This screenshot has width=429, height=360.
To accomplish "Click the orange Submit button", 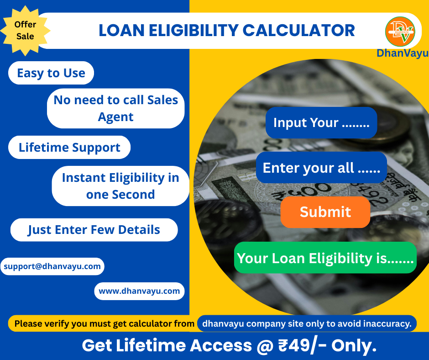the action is tap(325, 212).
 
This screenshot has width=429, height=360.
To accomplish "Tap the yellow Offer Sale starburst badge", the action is tap(25, 31).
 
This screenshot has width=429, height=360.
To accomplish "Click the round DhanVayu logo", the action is tap(400, 32).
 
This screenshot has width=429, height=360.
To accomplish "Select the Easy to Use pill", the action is tap(51, 73).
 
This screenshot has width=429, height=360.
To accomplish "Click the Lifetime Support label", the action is tap(69, 148).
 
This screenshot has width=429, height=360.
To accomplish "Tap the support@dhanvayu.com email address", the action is tap(52, 266).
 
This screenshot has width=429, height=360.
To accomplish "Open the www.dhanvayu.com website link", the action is tap(139, 291).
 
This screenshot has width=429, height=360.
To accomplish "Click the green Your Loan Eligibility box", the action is tap(325, 258).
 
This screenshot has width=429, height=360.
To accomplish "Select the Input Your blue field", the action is tap(321, 122).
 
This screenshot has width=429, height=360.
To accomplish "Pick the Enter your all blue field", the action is tap(321, 167).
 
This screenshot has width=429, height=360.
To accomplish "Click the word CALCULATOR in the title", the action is tap(299, 31).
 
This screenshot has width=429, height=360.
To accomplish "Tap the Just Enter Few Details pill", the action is tap(94, 230).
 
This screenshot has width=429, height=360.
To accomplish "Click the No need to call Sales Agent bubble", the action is tap(116, 108).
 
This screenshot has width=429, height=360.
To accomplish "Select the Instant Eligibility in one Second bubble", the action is tap(120, 186).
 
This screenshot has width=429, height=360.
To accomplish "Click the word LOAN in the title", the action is tap(121, 31).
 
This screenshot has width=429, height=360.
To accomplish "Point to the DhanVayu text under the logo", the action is tap(403, 53).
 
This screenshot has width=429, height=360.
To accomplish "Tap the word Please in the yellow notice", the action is tap(28, 323).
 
